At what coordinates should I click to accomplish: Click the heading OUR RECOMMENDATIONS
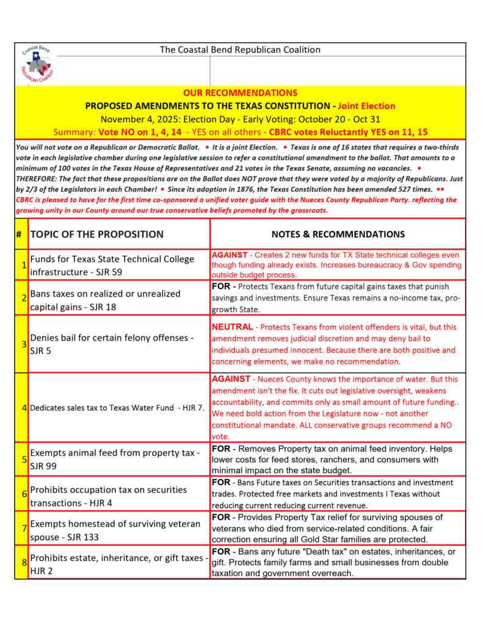point(240,93)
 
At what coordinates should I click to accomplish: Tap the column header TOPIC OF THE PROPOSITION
point(96,234)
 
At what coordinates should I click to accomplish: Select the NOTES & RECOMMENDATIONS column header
point(338,234)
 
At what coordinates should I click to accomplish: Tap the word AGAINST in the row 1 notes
point(230,254)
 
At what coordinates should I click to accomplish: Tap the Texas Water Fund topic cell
point(117,407)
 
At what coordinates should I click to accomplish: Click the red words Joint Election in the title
point(366,106)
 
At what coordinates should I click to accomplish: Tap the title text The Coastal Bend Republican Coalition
point(240,49)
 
